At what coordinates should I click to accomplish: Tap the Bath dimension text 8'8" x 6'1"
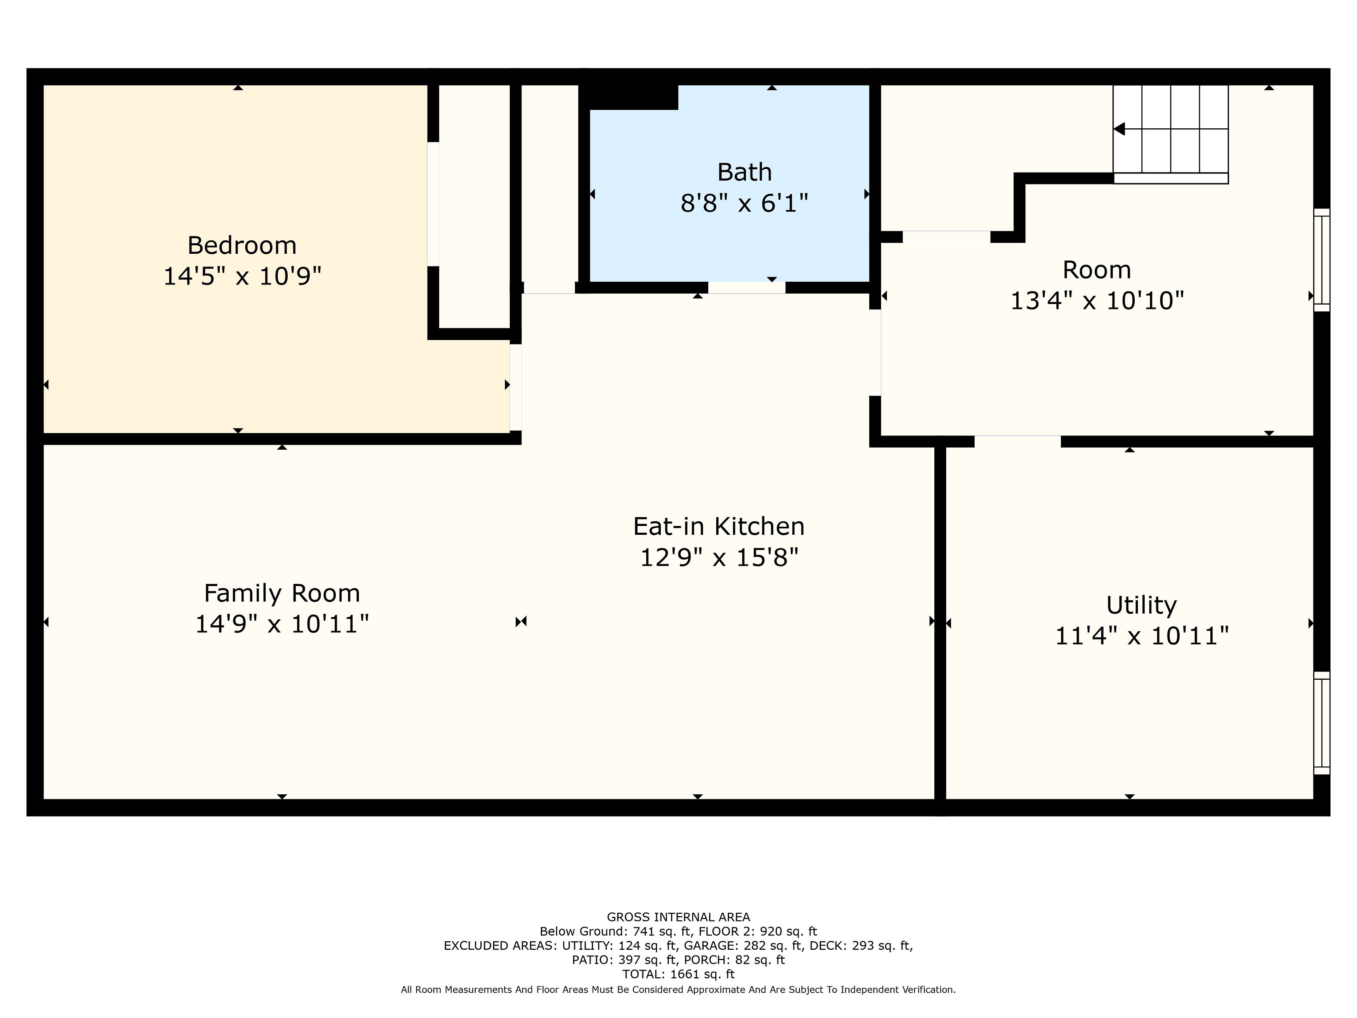point(744,203)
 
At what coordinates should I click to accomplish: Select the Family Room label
point(282,593)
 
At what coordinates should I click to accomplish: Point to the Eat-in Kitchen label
point(718,526)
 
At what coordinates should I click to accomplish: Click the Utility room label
point(1141,605)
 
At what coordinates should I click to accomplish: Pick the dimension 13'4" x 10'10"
point(1097,301)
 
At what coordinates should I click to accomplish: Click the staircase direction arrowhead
point(1119,129)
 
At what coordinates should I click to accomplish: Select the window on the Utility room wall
point(1321,723)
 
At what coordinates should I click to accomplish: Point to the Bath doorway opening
point(747,287)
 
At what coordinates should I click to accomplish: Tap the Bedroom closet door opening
point(433,204)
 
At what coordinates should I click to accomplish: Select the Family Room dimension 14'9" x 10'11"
point(282,624)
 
